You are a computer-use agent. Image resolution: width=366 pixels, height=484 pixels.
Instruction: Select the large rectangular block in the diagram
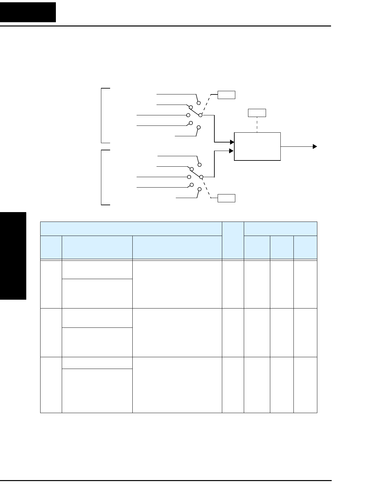click(x=257, y=146)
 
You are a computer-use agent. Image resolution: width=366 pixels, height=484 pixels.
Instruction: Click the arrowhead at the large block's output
click(x=315, y=146)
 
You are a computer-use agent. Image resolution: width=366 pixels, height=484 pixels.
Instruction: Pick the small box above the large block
click(x=257, y=113)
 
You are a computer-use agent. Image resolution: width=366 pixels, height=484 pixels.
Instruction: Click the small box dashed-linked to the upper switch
click(x=226, y=95)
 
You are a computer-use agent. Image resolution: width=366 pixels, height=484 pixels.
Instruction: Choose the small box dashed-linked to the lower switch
click(x=226, y=198)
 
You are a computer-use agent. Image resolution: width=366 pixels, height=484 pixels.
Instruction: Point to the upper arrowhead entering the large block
click(x=232, y=142)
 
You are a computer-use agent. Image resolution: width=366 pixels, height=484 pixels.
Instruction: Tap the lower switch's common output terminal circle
click(x=202, y=177)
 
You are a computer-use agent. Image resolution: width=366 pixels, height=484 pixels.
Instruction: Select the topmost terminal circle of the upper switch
click(x=198, y=103)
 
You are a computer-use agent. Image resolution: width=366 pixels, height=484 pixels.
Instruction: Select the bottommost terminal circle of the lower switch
click(x=199, y=189)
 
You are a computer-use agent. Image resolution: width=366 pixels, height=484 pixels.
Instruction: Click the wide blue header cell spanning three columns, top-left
click(x=131, y=228)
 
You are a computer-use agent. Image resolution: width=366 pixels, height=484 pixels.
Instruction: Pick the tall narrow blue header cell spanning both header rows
click(x=233, y=241)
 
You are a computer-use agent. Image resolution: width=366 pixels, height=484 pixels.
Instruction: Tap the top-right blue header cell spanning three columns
click(x=280, y=228)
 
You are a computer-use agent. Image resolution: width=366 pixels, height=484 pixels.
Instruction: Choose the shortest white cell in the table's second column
click(x=97, y=363)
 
